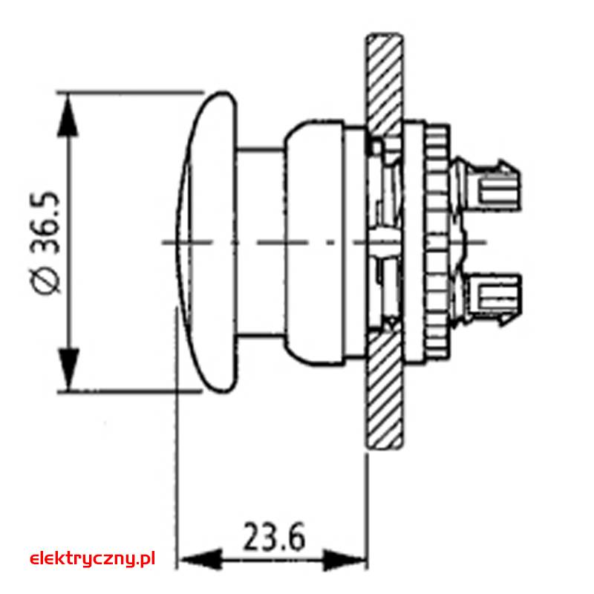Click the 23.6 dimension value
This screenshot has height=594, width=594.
273,536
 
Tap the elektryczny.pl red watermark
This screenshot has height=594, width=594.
92,558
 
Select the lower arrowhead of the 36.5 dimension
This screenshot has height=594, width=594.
68,369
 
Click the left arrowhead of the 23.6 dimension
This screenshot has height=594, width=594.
200,559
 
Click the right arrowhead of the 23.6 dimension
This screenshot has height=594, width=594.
345,559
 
